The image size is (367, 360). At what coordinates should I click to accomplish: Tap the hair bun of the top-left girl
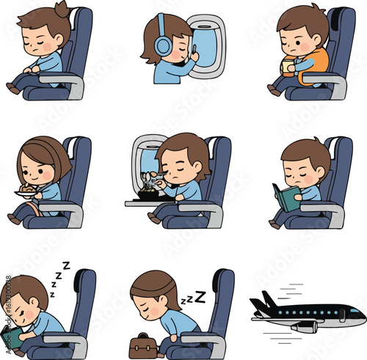point(60,10)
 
